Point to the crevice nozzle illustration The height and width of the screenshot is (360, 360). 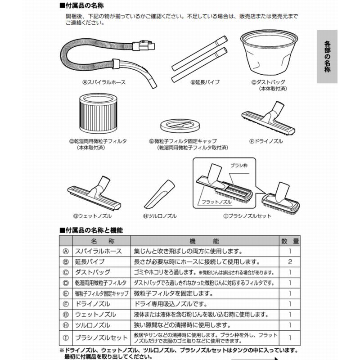160,196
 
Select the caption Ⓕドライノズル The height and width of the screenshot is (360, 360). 265,141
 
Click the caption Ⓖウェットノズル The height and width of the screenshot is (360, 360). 92,216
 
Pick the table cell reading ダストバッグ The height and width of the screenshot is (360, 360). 92,273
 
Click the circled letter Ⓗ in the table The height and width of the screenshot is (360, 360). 66,325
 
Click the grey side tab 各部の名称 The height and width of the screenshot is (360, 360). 327,57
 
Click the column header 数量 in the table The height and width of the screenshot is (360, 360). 290,241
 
